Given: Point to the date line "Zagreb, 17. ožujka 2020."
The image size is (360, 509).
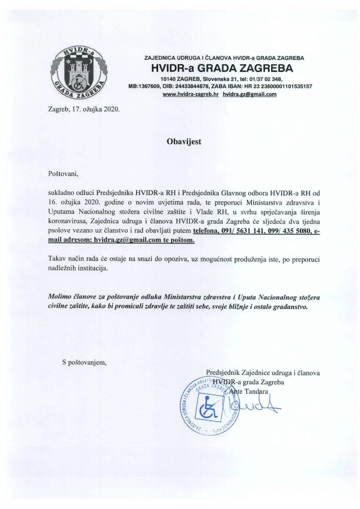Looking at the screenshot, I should coord(84,108).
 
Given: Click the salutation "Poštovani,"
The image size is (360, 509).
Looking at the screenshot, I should coord(63,174).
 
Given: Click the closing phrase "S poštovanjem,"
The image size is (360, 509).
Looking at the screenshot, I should coord(84,362).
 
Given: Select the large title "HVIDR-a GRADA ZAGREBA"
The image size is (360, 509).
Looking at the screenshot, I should coord(222,68).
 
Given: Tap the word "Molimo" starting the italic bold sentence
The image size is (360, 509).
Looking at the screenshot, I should coord(60,297).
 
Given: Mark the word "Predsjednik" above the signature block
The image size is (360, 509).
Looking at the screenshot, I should coord(223,372).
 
